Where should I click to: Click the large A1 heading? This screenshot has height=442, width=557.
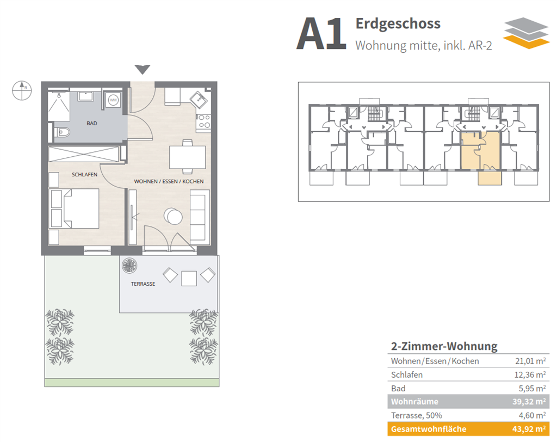click(x=321, y=34)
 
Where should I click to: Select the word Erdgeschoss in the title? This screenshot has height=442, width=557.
click(x=398, y=23)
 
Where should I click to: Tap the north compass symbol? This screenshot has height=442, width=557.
click(x=22, y=90)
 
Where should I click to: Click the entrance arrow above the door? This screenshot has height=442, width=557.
click(x=143, y=69)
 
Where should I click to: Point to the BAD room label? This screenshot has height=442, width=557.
click(x=92, y=124)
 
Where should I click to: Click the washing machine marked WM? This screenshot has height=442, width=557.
click(x=113, y=101)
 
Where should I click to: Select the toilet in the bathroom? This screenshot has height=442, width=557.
click(x=61, y=132)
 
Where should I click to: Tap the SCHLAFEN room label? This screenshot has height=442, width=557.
click(x=84, y=175)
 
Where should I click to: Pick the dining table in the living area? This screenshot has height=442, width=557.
click(x=188, y=157)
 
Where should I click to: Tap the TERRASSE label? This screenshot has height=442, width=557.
click(x=143, y=284)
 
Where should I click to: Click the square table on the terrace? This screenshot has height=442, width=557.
click(x=189, y=278)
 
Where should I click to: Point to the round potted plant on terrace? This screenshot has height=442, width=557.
click(x=130, y=265)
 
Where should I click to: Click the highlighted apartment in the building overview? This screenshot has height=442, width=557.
click(x=481, y=150)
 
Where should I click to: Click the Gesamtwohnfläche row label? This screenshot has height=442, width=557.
click(x=429, y=429)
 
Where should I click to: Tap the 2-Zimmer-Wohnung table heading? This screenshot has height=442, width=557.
click(x=444, y=346)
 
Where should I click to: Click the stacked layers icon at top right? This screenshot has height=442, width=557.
click(x=525, y=33)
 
